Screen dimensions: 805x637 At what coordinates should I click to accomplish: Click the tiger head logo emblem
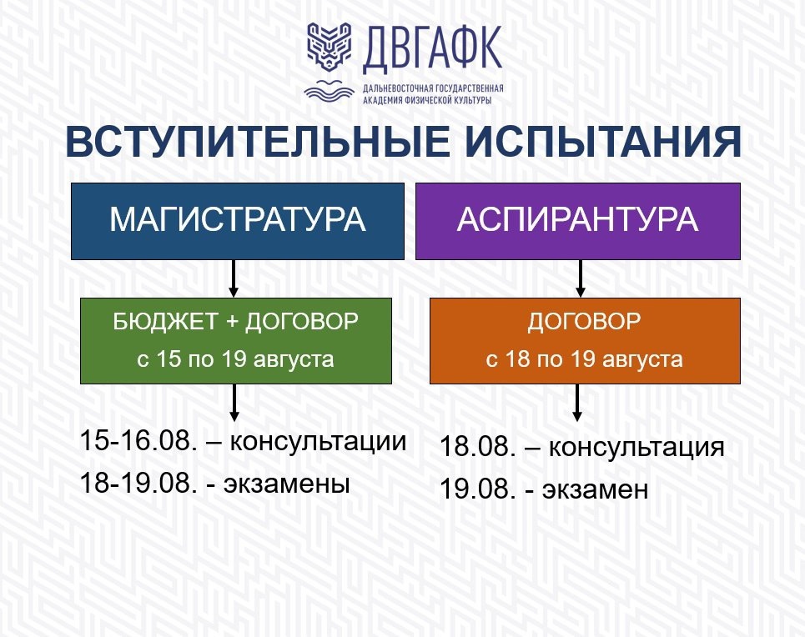pyautogui.click(x=329, y=46)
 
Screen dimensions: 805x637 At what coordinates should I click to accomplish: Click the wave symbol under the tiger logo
pyautogui.click(x=329, y=92)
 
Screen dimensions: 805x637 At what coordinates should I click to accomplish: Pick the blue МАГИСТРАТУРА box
pyautogui.click(x=238, y=221)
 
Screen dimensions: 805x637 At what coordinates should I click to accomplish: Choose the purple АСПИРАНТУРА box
pyautogui.click(x=578, y=221)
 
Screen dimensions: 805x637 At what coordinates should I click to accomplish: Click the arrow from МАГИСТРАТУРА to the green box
pyautogui.click(x=234, y=278)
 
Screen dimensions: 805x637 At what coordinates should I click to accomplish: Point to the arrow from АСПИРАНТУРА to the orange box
pyautogui.click(x=580, y=278)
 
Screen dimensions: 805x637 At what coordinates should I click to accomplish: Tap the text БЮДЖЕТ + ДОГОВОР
pyautogui.click(x=235, y=321)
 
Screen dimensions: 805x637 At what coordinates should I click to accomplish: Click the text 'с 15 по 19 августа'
pyautogui.click(x=235, y=359)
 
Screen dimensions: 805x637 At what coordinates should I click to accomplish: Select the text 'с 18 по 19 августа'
pyautogui.click(x=584, y=359)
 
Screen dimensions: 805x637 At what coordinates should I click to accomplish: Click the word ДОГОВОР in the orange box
pyautogui.click(x=584, y=321)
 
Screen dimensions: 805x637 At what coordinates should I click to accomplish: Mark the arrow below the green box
pyautogui.click(x=234, y=403)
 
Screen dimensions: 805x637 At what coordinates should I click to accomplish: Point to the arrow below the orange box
pyautogui.click(x=577, y=403)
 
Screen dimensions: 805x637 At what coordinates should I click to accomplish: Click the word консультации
pyautogui.click(x=318, y=441)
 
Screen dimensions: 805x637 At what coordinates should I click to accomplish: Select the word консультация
pyautogui.click(x=636, y=447)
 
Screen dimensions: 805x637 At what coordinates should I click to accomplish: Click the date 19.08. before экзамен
pyautogui.click(x=478, y=489)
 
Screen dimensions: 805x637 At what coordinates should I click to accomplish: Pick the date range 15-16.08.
pyautogui.click(x=138, y=441)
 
